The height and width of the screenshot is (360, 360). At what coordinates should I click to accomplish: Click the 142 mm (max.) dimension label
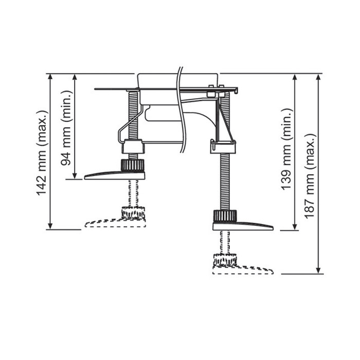[42, 153]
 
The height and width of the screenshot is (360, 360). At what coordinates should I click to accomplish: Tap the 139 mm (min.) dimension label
[286, 149]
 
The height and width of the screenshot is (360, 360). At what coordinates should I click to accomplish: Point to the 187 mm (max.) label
[310, 176]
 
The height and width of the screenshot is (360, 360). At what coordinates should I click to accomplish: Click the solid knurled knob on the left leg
[133, 165]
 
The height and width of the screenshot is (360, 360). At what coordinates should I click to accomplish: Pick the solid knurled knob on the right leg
[225, 216]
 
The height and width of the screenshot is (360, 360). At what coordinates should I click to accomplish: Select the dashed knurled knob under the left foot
[133, 212]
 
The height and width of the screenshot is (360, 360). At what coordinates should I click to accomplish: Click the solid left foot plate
[115, 175]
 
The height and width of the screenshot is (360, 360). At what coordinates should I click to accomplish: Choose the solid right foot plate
[243, 226]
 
